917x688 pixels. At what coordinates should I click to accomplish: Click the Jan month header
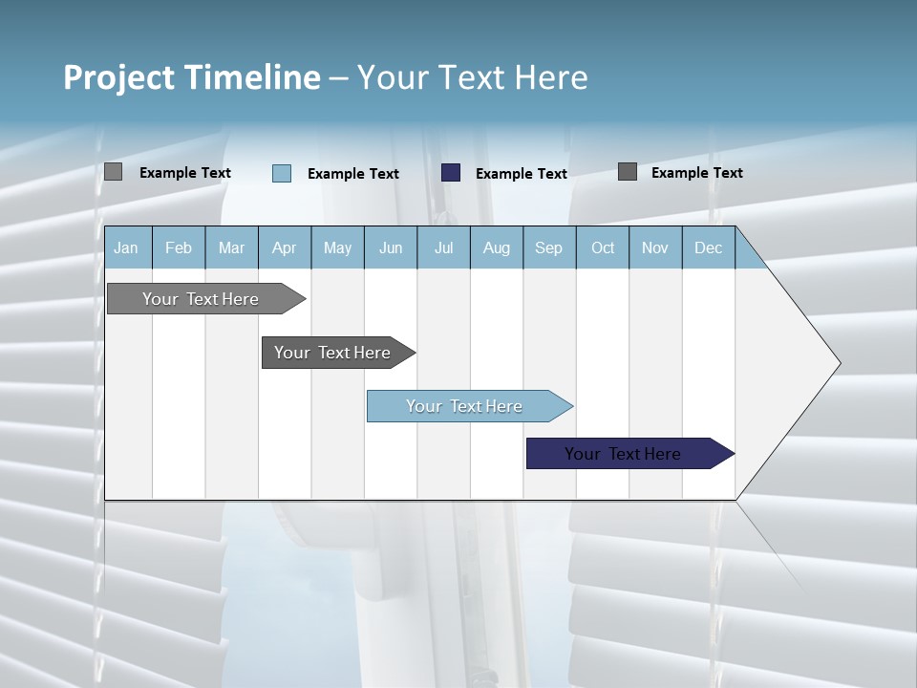coord(126,247)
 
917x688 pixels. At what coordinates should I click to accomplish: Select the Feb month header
coord(179,247)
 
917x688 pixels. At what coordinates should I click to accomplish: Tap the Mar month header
coord(231,247)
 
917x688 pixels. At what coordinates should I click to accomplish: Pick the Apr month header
coord(284,247)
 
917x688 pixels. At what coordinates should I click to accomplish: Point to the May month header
coord(337,247)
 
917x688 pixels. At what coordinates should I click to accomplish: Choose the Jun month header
coord(391,247)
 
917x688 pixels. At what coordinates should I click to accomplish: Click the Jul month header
coord(443,247)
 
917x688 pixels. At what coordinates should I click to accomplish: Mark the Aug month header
coord(496,247)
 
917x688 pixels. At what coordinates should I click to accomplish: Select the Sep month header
coord(548,247)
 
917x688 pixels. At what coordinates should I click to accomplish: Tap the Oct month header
coord(603,247)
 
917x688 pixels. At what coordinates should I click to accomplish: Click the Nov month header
coord(655,247)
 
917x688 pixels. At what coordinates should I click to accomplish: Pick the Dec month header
coord(709,247)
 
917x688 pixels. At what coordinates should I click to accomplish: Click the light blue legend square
coord(282,173)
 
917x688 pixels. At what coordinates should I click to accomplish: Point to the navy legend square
coord(451,173)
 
